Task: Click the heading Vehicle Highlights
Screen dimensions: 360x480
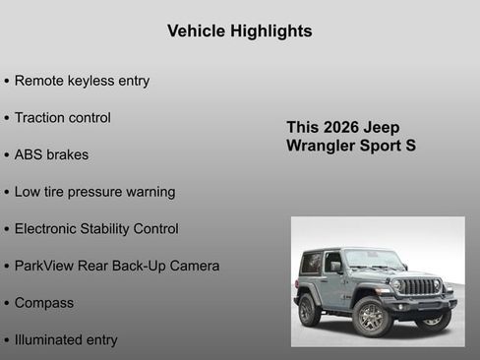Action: [x=240, y=31]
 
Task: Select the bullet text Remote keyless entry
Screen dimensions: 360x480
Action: [x=82, y=81]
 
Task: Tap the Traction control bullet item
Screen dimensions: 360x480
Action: [x=62, y=118]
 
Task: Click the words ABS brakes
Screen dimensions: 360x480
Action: [x=51, y=155]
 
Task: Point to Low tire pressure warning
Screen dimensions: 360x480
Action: [x=94, y=192]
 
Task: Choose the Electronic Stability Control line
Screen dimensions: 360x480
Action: [x=96, y=229]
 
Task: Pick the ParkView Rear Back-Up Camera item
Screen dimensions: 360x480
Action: [x=116, y=266]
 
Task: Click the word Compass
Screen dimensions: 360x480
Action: [x=43, y=303]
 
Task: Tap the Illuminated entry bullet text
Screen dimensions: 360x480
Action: [x=65, y=340]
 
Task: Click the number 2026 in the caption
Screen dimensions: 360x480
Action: [x=340, y=128]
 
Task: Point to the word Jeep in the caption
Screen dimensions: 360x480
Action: [x=382, y=128]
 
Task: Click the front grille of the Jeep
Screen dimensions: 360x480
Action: [x=420, y=287]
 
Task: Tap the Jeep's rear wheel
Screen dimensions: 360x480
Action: [x=310, y=310]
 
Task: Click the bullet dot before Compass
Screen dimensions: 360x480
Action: [x=7, y=304]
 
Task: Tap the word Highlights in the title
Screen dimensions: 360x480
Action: [x=270, y=31]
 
